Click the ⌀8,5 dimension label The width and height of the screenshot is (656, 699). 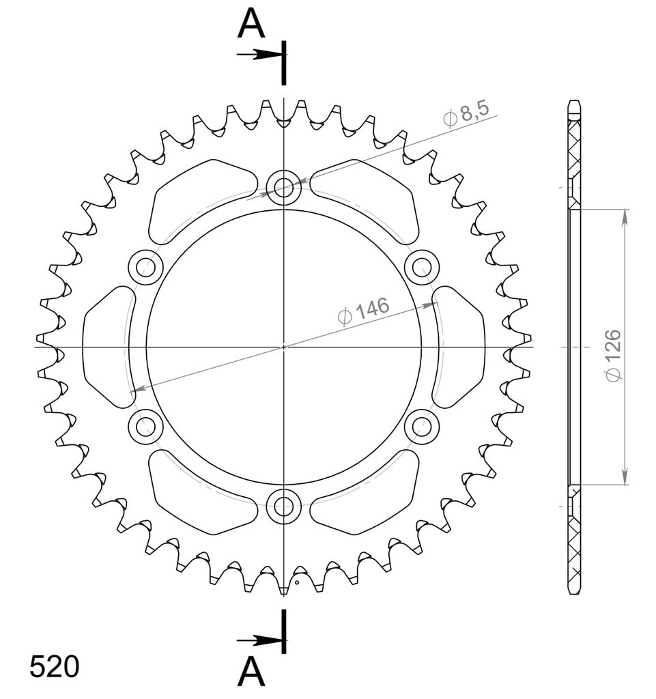tap(466, 115)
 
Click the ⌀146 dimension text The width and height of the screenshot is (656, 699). tap(363, 311)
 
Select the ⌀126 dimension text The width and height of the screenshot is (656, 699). tap(614, 355)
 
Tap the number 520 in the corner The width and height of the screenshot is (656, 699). tap(55, 666)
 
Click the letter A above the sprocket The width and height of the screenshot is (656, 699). tap(251, 24)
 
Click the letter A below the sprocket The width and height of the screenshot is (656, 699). tap(251, 672)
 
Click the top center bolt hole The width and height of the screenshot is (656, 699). tap(283, 187)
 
